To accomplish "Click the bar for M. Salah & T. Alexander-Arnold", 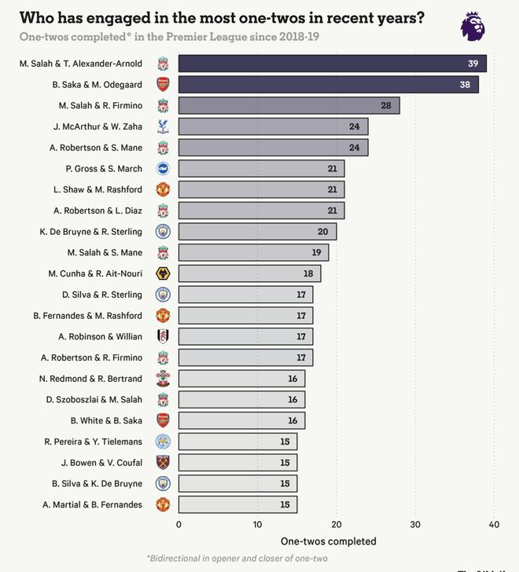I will pyautogui.click(x=332, y=64).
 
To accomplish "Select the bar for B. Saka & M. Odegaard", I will pyautogui.click(x=328, y=85).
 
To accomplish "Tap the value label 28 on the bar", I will pyautogui.click(x=386, y=105).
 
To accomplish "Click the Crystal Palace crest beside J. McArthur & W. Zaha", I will pyautogui.click(x=163, y=126).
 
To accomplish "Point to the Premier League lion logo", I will pyautogui.click(x=473, y=27).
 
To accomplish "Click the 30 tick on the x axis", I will pyautogui.click(x=415, y=525).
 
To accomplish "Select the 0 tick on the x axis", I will pyautogui.click(x=179, y=525).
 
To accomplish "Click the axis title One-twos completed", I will pyautogui.click(x=328, y=541).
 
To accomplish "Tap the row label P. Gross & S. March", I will pyautogui.click(x=104, y=168).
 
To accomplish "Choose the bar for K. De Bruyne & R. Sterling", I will pyautogui.click(x=257, y=232).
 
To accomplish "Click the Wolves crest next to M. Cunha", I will pyautogui.click(x=163, y=273).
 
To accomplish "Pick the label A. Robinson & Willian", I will pyautogui.click(x=100, y=336).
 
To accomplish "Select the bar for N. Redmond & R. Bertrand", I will pyautogui.click(x=241, y=379).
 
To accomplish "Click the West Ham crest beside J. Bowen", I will pyautogui.click(x=163, y=462).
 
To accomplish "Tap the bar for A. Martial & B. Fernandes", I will pyautogui.click(x=237, y=504).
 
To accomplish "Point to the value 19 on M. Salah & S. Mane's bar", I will pyautogui.click(x=315, y=252).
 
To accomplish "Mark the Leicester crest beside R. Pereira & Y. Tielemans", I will pyautogui.click(x=163, y=442).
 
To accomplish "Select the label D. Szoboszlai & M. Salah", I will pyautogui.click(x=94, y=399).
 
